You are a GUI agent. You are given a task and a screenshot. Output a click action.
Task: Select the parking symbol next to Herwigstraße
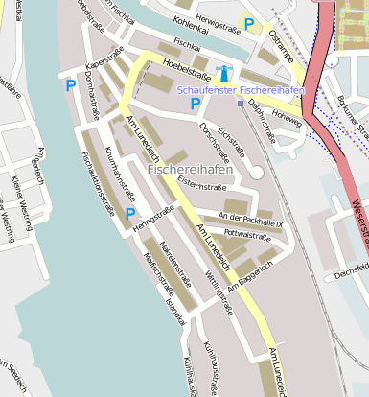(249, 25)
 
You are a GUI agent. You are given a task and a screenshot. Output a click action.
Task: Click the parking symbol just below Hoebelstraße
(195, 104)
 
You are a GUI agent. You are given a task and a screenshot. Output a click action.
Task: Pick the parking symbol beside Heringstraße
(129, 214)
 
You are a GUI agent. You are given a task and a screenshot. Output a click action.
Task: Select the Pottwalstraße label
(246, 233)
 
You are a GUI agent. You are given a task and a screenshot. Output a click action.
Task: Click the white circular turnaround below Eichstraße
(257, 172)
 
